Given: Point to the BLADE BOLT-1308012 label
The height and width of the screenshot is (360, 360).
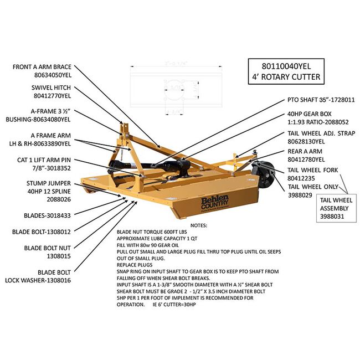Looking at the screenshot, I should (x=42, y=232).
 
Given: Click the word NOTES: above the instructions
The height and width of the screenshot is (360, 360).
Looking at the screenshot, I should (x=198, y=226).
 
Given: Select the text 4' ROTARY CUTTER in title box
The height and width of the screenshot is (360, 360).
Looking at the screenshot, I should (x=284, y=76).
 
